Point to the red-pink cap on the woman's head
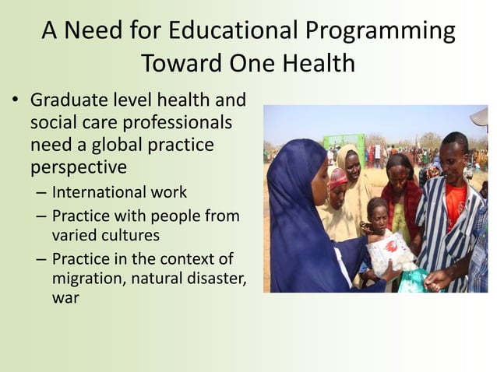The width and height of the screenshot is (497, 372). point(337,177)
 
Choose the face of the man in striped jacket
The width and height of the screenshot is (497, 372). point(454,153)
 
